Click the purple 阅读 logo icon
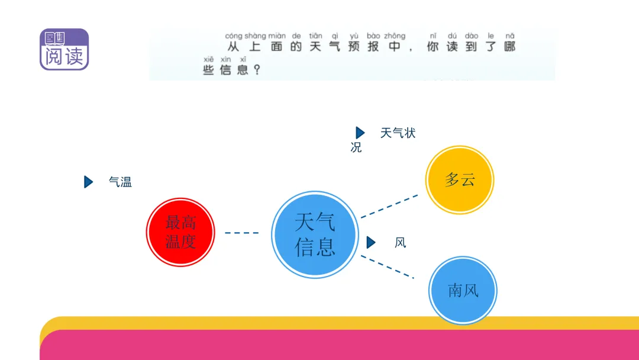(64, 49)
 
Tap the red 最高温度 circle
(180, 232)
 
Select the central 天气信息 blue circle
(315, 234)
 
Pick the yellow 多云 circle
(460, 180)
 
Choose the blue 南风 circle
(463, 290)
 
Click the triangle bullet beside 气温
(88, 182)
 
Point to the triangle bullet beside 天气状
(360, 133)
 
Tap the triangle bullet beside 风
(371, 243)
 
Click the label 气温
(120, 182)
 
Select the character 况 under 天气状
(356, 147)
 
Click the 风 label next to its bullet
(400, 243)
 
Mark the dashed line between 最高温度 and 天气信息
(241, 233)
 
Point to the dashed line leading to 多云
(389, 206)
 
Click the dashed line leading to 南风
(388, 267)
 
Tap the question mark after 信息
(257, 70)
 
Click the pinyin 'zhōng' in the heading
(395, 36)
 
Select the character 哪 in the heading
(510, 46)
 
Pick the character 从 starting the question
(234, 46)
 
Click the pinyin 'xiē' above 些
(208, 60)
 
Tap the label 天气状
(398, 133)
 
